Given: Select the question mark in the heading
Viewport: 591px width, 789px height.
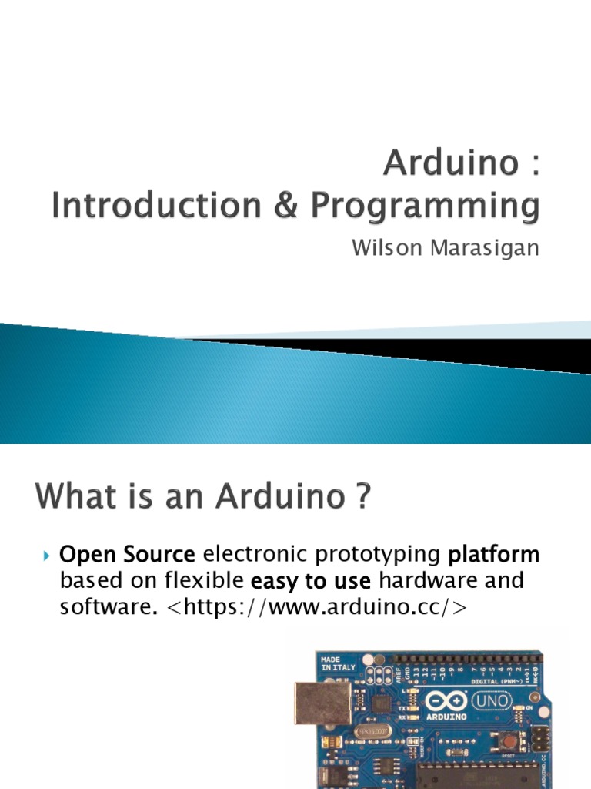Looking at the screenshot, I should pyautogui.click(x=360, y=497).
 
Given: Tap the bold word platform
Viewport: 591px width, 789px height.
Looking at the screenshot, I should pyautogui.click(x=494, y=555).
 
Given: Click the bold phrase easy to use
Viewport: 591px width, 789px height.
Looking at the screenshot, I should pyautogui.click(x=312, y=580).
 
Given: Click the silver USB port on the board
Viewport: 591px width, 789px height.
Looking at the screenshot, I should pyautogui.click(x=322, y=703).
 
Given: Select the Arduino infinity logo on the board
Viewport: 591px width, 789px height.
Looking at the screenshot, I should pyautogui.click(x=446, y=702).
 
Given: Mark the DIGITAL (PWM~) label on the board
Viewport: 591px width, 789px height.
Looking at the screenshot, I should pyautogui.click(x=496, y=680).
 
